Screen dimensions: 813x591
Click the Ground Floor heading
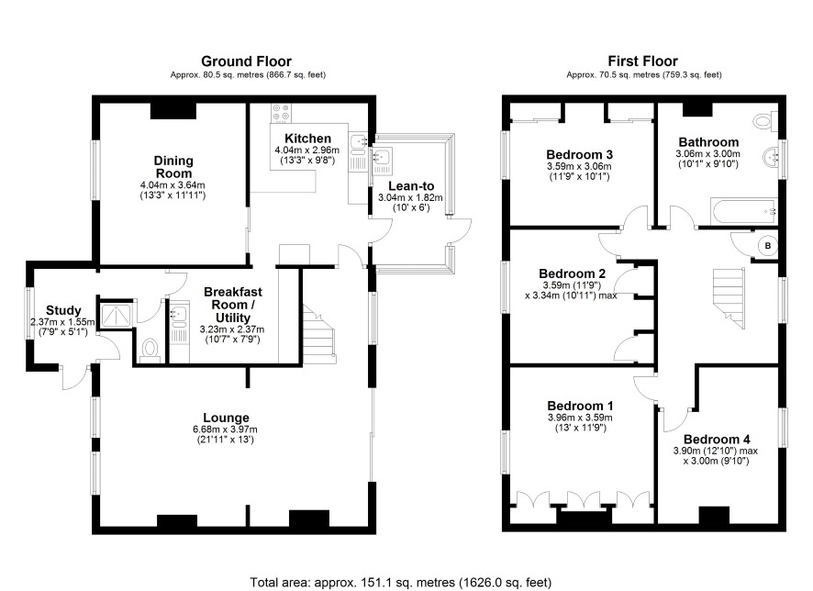pyautogui.click(x=246, y=61)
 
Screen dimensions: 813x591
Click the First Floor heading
pyautogui.click(x=643, y=61)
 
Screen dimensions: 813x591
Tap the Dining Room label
pyautogui.click(x=173, y=167)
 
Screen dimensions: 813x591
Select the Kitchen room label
pyautogui.click(x=308, y=139)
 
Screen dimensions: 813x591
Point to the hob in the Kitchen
pyautogui.click(x=282, y=114)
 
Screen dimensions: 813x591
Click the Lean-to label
pyautogui.click(x=411, y=186)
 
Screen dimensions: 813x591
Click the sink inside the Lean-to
pyautogui.click(x=383, y=157)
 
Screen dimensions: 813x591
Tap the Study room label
pyautogui.click(x=63, y=310)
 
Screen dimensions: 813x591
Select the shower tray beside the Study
pyautogui.click(x=117, y=316)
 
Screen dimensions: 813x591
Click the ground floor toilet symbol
pyautogui.click(x=150, y=348)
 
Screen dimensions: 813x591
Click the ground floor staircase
pyautogui.click(x=318, y=334)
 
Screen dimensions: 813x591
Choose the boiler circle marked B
pyautogui.click(x=768, y=246)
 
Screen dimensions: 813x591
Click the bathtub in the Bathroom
pyautogui.click(x=743, y=211)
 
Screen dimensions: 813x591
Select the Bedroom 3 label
pyautogui.click(x=579, y=154)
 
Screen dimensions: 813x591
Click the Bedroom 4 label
pyautogui.click(x=717, y=440)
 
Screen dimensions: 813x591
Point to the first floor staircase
pyautogui.click(x=729, y=297)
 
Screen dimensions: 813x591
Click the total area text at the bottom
pyautogui.click(x=401, y=582)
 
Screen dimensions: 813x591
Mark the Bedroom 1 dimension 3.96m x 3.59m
pyautogui.click(x=580, y=418)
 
